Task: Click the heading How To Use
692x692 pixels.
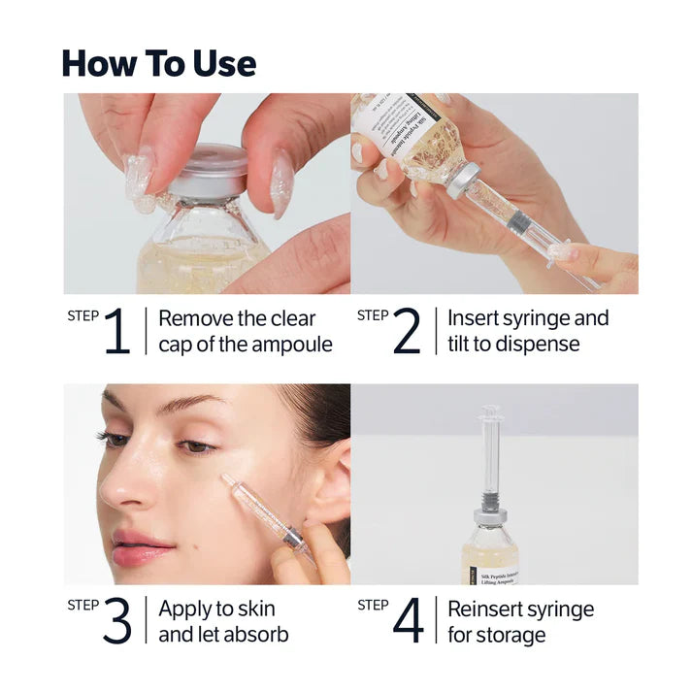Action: coord(159,63)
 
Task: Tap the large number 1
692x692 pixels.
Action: coord(115,333)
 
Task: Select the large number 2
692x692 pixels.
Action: coord(405,333)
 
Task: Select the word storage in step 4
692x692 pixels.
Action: coord(511,636)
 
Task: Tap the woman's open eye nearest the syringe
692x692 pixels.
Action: coord(199,445)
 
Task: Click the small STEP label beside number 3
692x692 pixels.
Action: coord(82,605)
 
